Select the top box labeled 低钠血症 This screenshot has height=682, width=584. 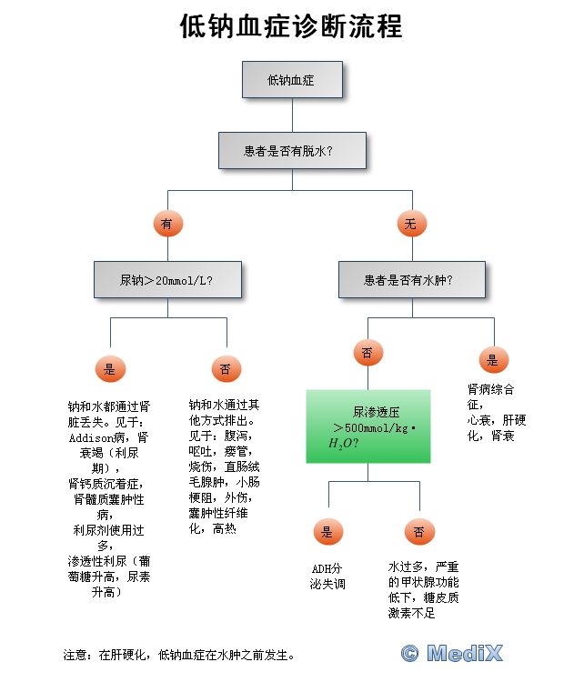click(292, 80)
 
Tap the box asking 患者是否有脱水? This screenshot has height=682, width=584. click(292, 151)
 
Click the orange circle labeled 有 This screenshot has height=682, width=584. click(167, 223)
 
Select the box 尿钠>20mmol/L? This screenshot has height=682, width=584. click(167, 280)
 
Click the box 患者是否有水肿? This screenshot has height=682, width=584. click(411, 280)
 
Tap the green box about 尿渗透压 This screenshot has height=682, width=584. click(368, 426)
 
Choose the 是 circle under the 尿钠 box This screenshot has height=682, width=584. click(110, 368)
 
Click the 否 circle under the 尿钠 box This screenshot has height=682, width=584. click(225, 368)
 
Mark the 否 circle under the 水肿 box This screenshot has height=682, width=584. click(367, 353)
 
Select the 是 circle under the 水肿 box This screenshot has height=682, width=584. click(494, 359)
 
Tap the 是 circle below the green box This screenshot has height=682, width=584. click(327, 532)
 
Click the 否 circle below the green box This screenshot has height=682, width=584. click(418, 532)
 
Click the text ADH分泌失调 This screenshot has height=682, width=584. click(327, 577)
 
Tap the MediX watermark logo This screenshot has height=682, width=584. click(452, 652)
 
